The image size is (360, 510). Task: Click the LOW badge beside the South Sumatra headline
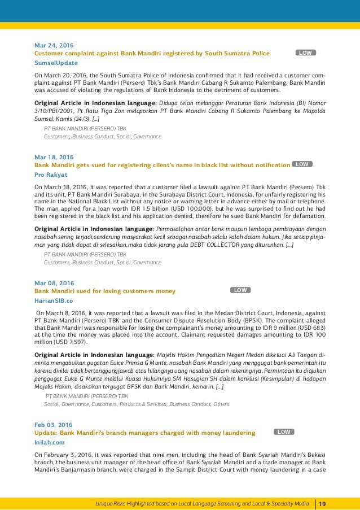pyautogui.click(x=305, y=53)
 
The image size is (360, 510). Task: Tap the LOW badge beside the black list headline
pyautogui.click(x=302, y=164)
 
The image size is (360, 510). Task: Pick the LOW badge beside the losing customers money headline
pyautogui.click(x=240, y=290)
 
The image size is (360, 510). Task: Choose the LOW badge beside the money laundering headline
pyautogui.click(x=284, y=431)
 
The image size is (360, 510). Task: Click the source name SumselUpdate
pyautogui.click(x=56, y=63)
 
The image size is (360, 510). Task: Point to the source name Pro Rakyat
pyautogui.click(x=51, y=175)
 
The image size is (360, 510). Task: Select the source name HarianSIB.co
pyautogui.click(x=54, y=300)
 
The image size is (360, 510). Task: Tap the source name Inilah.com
pyautogui.click(x=50, y=443)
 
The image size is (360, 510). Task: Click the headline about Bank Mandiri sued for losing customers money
pyautogui.click(x=105, y=291)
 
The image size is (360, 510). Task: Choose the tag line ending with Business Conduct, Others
pyautogui.click(x=137, y=404)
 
